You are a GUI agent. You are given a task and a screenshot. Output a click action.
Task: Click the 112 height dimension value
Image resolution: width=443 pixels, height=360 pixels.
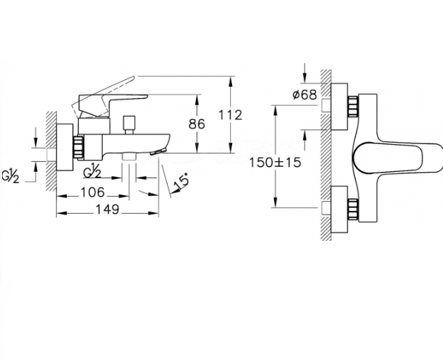(231, 115)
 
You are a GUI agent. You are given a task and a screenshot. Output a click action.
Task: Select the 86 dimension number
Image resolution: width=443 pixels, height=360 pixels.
(197, 124)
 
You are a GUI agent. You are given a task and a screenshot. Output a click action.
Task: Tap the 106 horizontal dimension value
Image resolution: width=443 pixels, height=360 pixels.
(93, 192)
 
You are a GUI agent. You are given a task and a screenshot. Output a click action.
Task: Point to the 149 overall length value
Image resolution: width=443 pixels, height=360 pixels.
(107, 209)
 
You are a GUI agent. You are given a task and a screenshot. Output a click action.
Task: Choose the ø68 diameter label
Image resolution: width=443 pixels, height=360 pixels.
(305, 94)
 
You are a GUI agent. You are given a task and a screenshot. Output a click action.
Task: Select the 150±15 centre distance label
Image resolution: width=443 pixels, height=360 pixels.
(275, 163)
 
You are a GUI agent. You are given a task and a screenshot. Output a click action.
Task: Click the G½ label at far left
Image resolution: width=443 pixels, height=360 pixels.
(11, 177)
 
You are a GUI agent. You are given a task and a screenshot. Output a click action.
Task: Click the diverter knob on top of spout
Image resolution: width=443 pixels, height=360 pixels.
(129, 125)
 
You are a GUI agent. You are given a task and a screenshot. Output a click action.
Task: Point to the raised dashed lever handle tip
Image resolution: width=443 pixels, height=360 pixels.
(132, 78)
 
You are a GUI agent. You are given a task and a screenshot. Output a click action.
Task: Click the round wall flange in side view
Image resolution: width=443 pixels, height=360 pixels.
(65, 147)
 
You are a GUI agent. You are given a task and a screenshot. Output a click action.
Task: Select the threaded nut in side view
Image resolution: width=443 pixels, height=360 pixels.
(79, 147)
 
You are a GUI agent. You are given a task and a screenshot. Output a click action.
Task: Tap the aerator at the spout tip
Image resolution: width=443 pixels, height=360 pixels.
(158, 151)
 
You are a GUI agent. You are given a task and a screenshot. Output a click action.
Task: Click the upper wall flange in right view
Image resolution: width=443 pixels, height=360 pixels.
(339, 107)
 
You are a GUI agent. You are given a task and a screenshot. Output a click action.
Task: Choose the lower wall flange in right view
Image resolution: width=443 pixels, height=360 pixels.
(339, 209)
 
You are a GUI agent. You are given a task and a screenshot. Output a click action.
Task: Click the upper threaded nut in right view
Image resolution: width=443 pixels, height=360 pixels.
(353, 107)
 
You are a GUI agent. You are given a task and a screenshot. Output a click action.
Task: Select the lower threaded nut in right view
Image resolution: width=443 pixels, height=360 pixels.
(353, 209)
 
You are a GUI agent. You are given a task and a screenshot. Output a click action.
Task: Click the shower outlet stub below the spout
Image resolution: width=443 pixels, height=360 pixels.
(128, 157)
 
